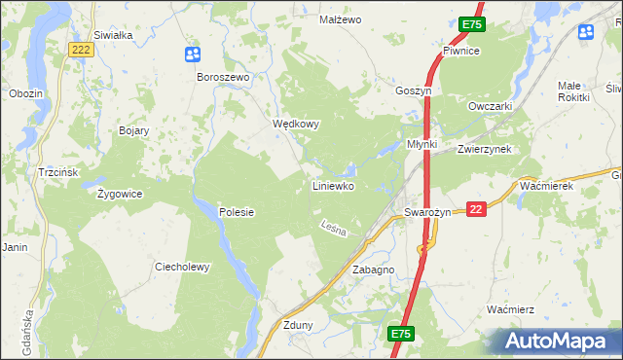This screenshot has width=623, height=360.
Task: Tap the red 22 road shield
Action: pyautogui.click(x=476, y=209)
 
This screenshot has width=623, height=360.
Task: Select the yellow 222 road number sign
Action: pyautogui.click(x=83, y=50)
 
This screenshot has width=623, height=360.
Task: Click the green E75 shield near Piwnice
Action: pyautogui.click(x=472, y=24)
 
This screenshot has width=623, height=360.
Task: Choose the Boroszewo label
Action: pyautogui.click(x=224, y=77)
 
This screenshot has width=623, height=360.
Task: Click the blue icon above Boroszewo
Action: pyautogui.click(x=193, y=54)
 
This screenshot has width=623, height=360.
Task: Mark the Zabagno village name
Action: pyautogui.click(x=373, y=270)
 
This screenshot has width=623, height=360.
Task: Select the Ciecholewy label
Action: pyautogui.click(x=182, y=267)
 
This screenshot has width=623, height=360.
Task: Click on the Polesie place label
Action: pyautogui.click(x=237, y=212)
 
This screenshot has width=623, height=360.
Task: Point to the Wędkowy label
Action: pyautogui.click(x=296, y=125)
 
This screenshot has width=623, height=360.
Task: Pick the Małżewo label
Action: pyautogui.click(x=341, y=19)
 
